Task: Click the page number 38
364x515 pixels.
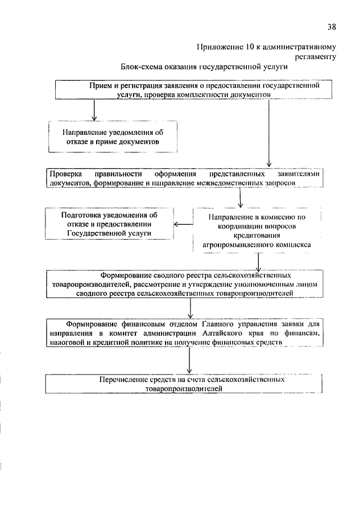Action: [332, 26]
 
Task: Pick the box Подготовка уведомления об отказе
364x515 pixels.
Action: [109, 224]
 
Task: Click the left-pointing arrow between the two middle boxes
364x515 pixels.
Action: [183, 224]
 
